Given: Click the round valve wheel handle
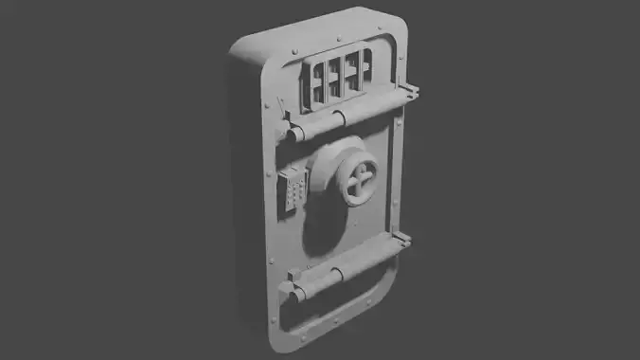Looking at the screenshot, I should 361,181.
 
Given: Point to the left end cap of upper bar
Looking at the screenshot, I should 296,134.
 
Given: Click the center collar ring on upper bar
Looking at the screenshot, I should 339,118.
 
